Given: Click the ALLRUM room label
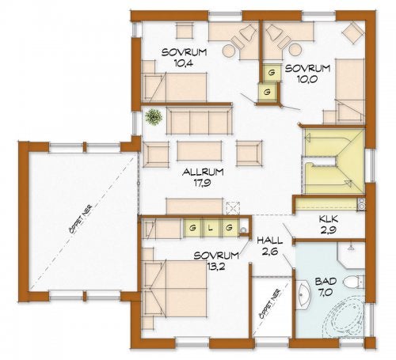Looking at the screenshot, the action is tap(203, 172).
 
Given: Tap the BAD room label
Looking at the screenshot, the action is tap(326, 282).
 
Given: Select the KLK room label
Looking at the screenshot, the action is tap(329, 219).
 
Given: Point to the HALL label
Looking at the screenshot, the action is tap(270, 241).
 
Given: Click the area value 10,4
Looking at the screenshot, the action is tap(184, 63).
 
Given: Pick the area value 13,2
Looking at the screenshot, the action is tap(216, 267).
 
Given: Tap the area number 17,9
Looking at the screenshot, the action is tap(203, 183).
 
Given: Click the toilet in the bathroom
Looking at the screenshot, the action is tap(354, 282).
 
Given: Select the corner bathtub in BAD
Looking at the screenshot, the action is tap(342, 317).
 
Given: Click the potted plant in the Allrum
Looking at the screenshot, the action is tap(154, 117).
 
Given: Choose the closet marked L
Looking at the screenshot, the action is tap(210, 228).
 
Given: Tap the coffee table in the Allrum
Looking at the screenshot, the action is tap(199, 151).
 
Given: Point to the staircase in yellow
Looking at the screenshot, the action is tap(334, 161).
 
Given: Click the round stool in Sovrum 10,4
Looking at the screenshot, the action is tap(228, 51).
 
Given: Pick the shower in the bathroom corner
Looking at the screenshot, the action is tap(352, 256).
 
